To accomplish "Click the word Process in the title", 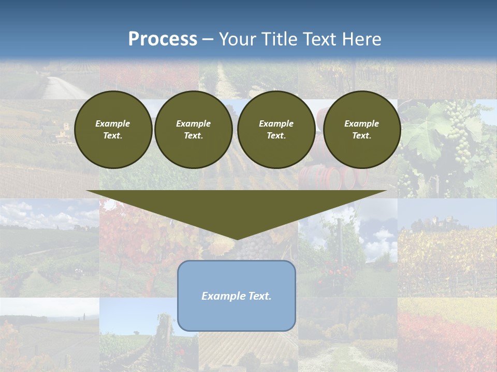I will click(163, 39).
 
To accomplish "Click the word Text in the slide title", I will click(319, 39).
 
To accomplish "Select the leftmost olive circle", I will click(113, 130).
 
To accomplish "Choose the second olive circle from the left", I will click(193, 130).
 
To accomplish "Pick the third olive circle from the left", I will click(276, 130).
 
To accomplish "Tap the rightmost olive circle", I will click(361, 130).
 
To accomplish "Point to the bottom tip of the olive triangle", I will click(237, 239).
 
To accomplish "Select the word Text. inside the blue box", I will click(261, 296).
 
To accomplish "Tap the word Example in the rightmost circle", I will click(361, 123).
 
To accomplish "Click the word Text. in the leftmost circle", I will click(113, 136).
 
